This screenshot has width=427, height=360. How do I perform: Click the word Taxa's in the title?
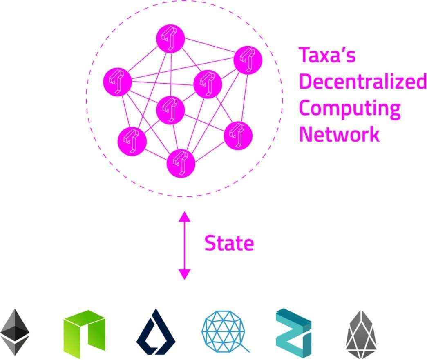327,55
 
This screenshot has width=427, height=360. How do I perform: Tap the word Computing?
350,109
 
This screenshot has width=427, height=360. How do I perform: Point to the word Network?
339,134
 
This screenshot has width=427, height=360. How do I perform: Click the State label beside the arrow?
229,243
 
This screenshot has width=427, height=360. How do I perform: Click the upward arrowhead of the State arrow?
184,216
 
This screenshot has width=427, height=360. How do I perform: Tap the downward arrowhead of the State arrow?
184,274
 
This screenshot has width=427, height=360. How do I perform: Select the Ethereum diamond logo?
15,332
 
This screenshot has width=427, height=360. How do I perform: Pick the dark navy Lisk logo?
156,331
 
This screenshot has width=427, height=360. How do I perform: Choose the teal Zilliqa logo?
293,333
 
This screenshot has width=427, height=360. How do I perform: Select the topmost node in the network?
170,38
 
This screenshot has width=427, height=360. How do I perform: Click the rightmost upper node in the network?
248,60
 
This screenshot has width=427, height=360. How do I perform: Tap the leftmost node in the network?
117,82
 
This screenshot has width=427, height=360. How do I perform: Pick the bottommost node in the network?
181,163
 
